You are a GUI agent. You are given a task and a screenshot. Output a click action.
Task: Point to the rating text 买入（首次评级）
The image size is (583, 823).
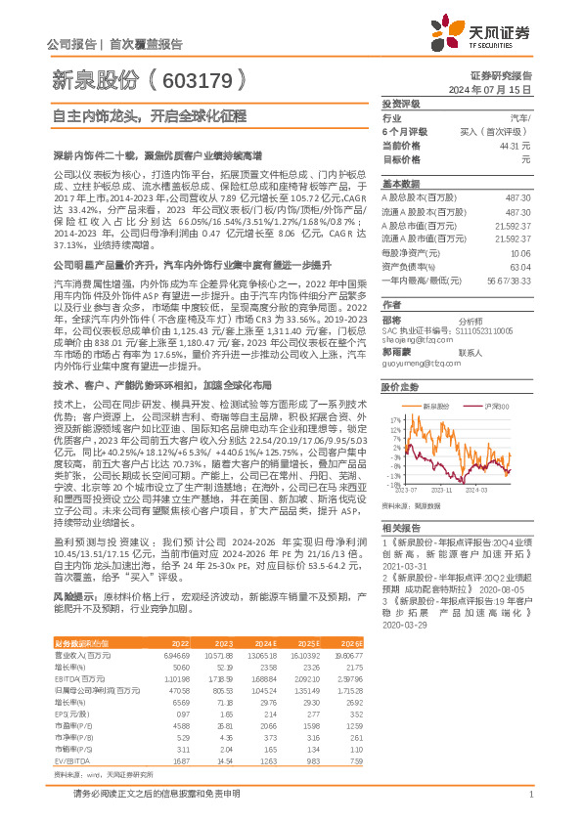point(495,131)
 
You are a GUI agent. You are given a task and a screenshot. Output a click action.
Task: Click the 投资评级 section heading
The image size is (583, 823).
point(400,103)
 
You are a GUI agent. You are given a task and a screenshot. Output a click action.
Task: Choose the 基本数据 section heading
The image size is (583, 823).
point(400,184)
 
